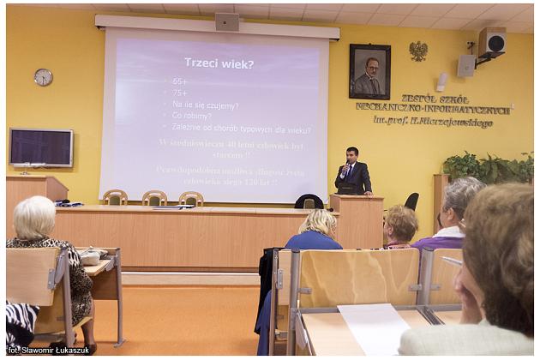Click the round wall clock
[43, 77]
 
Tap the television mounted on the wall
[41, 147]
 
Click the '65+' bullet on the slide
[180, 81]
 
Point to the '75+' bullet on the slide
[180, 93]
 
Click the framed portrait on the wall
[369, 71]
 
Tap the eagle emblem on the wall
[418, 51]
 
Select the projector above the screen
[226, 21]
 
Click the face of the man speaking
[351, 155]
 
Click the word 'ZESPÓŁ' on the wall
[422, 99]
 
